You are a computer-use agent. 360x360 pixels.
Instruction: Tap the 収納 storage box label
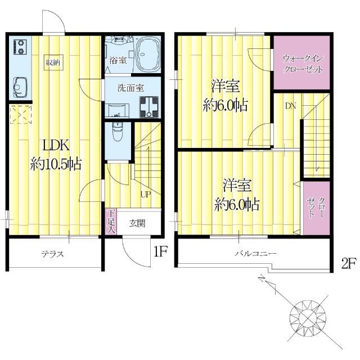point(52,62)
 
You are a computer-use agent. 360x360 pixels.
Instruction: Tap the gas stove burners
point(20,47)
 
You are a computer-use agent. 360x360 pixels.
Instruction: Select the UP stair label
point(145,194)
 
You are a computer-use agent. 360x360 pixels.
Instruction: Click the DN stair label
point(290,106)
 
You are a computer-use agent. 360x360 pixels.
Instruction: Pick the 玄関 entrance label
point(137,223)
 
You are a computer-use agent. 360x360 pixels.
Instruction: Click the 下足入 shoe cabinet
point(111,221)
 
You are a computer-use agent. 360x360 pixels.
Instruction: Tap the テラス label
point(52,254)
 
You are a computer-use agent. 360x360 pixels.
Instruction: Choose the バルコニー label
point(256,254)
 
